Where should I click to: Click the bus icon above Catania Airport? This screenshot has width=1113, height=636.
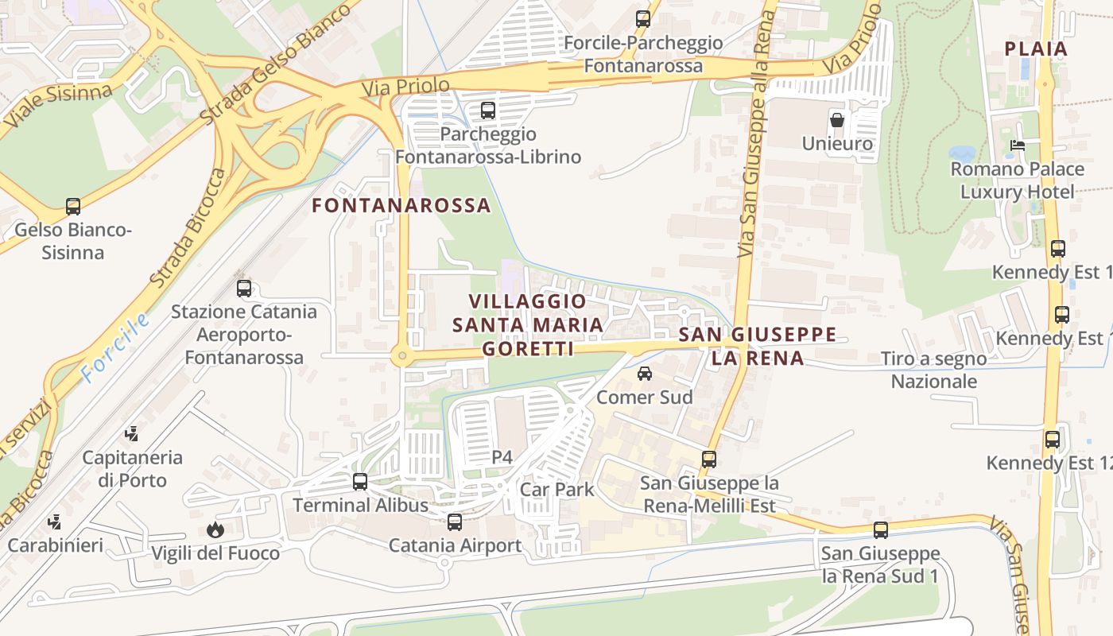(455, 522)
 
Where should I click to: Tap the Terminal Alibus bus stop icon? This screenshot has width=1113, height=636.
(360, 482)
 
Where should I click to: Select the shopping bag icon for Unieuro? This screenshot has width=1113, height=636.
(837, 121)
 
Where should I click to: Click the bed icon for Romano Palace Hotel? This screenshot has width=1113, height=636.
(1017, 145)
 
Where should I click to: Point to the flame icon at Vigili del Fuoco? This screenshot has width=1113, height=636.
(215, 529)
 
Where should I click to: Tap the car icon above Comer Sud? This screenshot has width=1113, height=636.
(645, 374)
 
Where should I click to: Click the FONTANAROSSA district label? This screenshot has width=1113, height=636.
(401, 205)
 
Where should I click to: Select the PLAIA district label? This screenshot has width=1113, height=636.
(1036, 48)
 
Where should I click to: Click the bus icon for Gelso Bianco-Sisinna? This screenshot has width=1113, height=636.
(73, 207)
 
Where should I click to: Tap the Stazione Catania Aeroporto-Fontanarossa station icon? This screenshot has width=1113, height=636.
(244, 289)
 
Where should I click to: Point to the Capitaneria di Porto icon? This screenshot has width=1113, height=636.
(132, 434)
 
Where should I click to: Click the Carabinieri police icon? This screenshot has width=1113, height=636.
(55, 522)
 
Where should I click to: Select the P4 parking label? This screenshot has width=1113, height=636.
(502, 457)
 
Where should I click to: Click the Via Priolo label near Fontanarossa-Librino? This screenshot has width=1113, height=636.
(405, 86)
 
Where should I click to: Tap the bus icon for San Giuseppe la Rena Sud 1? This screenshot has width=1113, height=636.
(880, 530)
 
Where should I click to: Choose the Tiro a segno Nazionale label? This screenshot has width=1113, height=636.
(933, 370)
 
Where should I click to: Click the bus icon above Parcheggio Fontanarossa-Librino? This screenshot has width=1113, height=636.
(488, 111)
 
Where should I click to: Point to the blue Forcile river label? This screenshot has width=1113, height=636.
(115, 348)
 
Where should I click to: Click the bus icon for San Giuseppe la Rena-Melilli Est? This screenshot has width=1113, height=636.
(709, 460)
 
